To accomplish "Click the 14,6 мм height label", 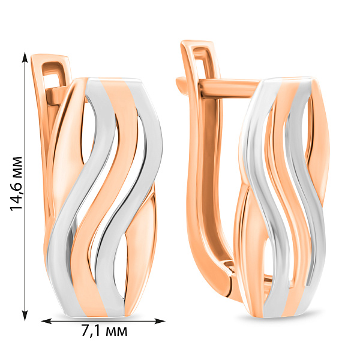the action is coord(16,183).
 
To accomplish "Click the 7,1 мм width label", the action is coord(104,331).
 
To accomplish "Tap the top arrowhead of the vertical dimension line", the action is coord(25,57).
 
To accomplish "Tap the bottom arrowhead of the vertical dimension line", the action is coord(25,315).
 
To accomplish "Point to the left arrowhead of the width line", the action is coord(46,321).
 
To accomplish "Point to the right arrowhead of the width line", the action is coord(160,321).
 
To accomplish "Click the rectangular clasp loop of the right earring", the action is coord(202,58).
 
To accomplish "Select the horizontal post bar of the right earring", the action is coord(230,88).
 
